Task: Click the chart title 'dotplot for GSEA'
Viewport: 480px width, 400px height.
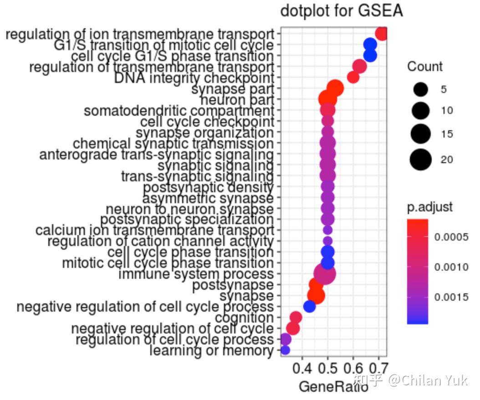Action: [x=341, y=11]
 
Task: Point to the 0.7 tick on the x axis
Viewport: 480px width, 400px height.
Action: [x=378, y=367]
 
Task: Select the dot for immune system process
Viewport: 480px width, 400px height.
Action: [x=325, y=274]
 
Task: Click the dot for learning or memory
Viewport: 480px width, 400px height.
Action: [x=285, y=350]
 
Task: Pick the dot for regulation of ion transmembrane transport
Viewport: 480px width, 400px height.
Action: [x=382, y=34]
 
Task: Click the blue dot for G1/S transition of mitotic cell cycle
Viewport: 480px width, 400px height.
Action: [x=370, y=45]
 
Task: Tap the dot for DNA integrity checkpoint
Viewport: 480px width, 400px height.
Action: [x=353, y=78]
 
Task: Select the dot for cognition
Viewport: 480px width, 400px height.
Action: [x=296, y=318]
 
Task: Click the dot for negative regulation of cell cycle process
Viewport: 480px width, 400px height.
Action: [x=310, y=307]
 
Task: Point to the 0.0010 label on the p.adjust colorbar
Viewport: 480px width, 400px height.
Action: [x=451, y=267]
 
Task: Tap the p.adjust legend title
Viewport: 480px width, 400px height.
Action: [x=429, y=207]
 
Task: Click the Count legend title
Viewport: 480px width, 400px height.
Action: [x=424, y=67]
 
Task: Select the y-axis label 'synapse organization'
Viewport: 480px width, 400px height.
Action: [x=205, y=133]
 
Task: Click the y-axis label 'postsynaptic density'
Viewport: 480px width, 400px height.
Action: [x=208, y=188]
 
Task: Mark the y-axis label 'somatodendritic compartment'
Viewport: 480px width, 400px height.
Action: [x=179, y=111]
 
